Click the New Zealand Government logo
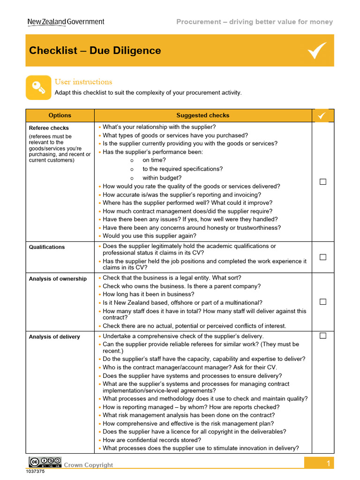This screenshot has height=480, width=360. click(66, 22)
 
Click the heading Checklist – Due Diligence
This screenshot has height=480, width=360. click(95, 51)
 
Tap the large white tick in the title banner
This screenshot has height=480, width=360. click(317, 50)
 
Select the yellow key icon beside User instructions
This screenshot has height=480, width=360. click(38, 87)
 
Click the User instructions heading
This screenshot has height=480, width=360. click(83, 82)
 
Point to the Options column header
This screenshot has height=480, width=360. click(60, 115)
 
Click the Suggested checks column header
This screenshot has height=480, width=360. click(202, 115)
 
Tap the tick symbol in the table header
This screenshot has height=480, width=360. click(322, 115)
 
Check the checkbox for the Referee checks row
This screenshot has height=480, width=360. click(323, 182)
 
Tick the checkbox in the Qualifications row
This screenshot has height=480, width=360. click(323, 257)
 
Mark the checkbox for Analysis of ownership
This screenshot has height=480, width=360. click(323, 302)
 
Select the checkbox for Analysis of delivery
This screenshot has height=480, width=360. click(323, 336)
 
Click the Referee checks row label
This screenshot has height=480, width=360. click(49, 128)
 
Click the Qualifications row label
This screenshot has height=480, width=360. click(47, 247)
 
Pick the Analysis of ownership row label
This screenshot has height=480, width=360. click(58, 279)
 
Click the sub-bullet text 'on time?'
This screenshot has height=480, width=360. click(154, 160)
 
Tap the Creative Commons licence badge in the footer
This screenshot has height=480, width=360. click(45, 462)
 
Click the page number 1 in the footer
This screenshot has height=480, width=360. click(329, 464)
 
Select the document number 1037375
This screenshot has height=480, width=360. click(35, 472)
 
